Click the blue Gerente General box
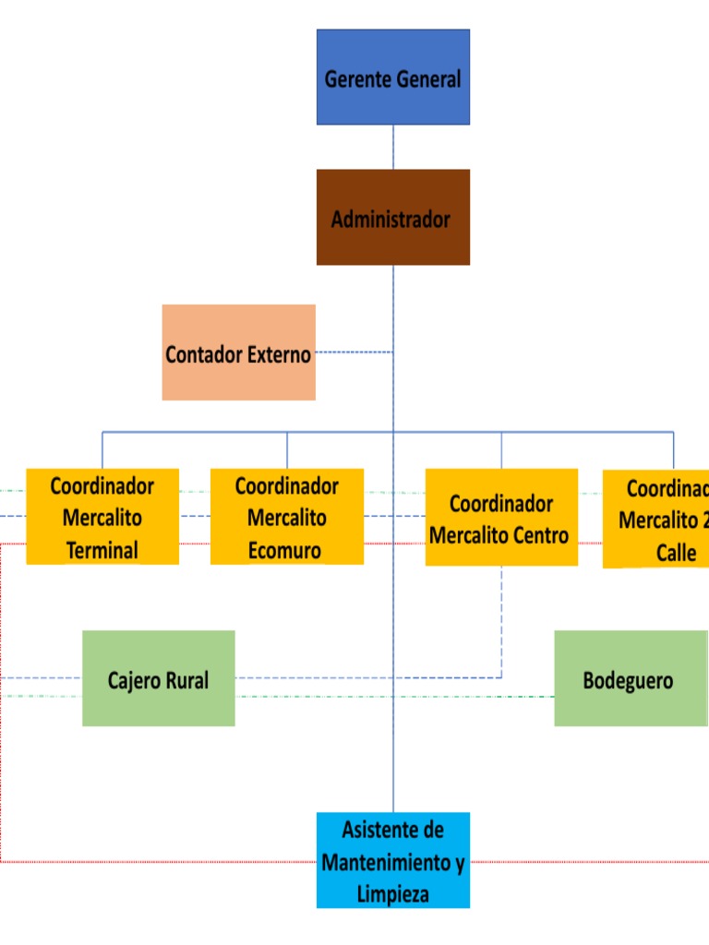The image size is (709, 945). pos(393,78)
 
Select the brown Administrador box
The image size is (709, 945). pos(393,217)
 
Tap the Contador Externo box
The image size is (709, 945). pos(238,353)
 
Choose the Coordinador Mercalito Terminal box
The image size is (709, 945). pos(102,517)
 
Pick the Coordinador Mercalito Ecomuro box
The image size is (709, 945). pos(287,517)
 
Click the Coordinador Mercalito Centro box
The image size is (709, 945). pos(501,517)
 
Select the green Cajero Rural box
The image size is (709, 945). pos(158,678)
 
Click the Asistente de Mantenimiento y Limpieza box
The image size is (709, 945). pos(393,860)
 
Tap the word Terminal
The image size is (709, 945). pos(102,551)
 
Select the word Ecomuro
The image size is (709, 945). pos(285,551)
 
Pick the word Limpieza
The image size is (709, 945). pos(392,893)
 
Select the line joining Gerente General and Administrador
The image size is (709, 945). pos(393,147)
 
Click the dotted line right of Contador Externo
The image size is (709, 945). pos(354,352)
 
